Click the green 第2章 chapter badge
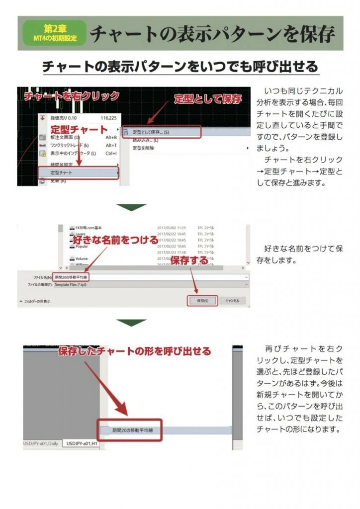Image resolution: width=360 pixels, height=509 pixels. click(x=54, y=33)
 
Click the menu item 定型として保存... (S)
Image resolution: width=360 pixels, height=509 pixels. click(x=152, y=132)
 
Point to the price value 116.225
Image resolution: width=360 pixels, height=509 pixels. click(x=108, y=118)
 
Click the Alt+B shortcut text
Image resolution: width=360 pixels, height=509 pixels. click(x=111, y=137)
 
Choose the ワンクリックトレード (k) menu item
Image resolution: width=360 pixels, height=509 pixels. click(x=70, y=145)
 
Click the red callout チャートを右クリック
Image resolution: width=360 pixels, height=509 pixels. click(x=72, y=96)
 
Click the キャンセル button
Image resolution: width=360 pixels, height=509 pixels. click(x=232, y=301)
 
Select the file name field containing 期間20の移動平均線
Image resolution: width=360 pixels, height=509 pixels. click(x=149, y=276)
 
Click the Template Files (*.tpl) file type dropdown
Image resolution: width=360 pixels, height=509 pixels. click(x=149, y=284)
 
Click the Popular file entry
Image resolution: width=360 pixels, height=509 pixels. click(x=82, y=246)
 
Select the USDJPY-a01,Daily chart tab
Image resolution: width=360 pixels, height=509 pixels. click(x=41, y=443)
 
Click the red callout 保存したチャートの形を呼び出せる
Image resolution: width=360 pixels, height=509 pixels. click(x=134, y=351)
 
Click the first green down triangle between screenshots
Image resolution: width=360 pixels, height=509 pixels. click(x=131, y=207)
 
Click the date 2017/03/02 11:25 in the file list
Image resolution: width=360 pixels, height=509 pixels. click(x=171, y=227)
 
